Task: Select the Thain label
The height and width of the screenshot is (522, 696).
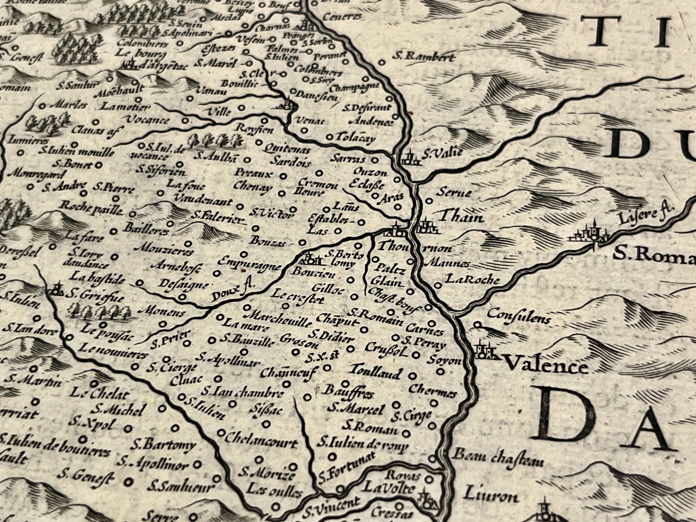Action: pyautogui.click(x=461, y=217)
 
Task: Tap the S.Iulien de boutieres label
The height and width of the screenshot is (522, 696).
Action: pyautogui.click(x=54, y=445)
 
